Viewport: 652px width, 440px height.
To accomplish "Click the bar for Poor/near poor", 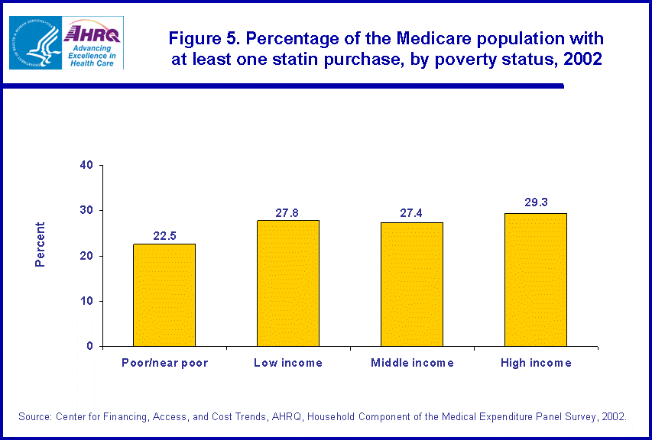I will point(164,295).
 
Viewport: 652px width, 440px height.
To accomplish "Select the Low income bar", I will point(288,283).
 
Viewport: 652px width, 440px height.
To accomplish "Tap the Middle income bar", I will point(412,284).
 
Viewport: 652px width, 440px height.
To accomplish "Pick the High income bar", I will point(535,280).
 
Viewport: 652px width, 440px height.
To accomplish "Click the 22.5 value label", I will point(164,236).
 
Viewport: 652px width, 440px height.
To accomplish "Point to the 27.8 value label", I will point(288,212).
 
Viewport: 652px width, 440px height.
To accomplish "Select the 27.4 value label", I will point(412,214).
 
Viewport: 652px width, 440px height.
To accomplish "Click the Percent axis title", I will point(41,244).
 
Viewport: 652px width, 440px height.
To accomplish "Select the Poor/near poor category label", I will point(164,363).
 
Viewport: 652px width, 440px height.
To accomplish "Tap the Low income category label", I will point(288,363).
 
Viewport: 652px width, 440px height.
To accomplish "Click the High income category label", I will point(535,363).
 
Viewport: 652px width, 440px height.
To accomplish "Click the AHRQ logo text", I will point(91,33).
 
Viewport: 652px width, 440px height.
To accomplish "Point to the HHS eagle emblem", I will point(34,43).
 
